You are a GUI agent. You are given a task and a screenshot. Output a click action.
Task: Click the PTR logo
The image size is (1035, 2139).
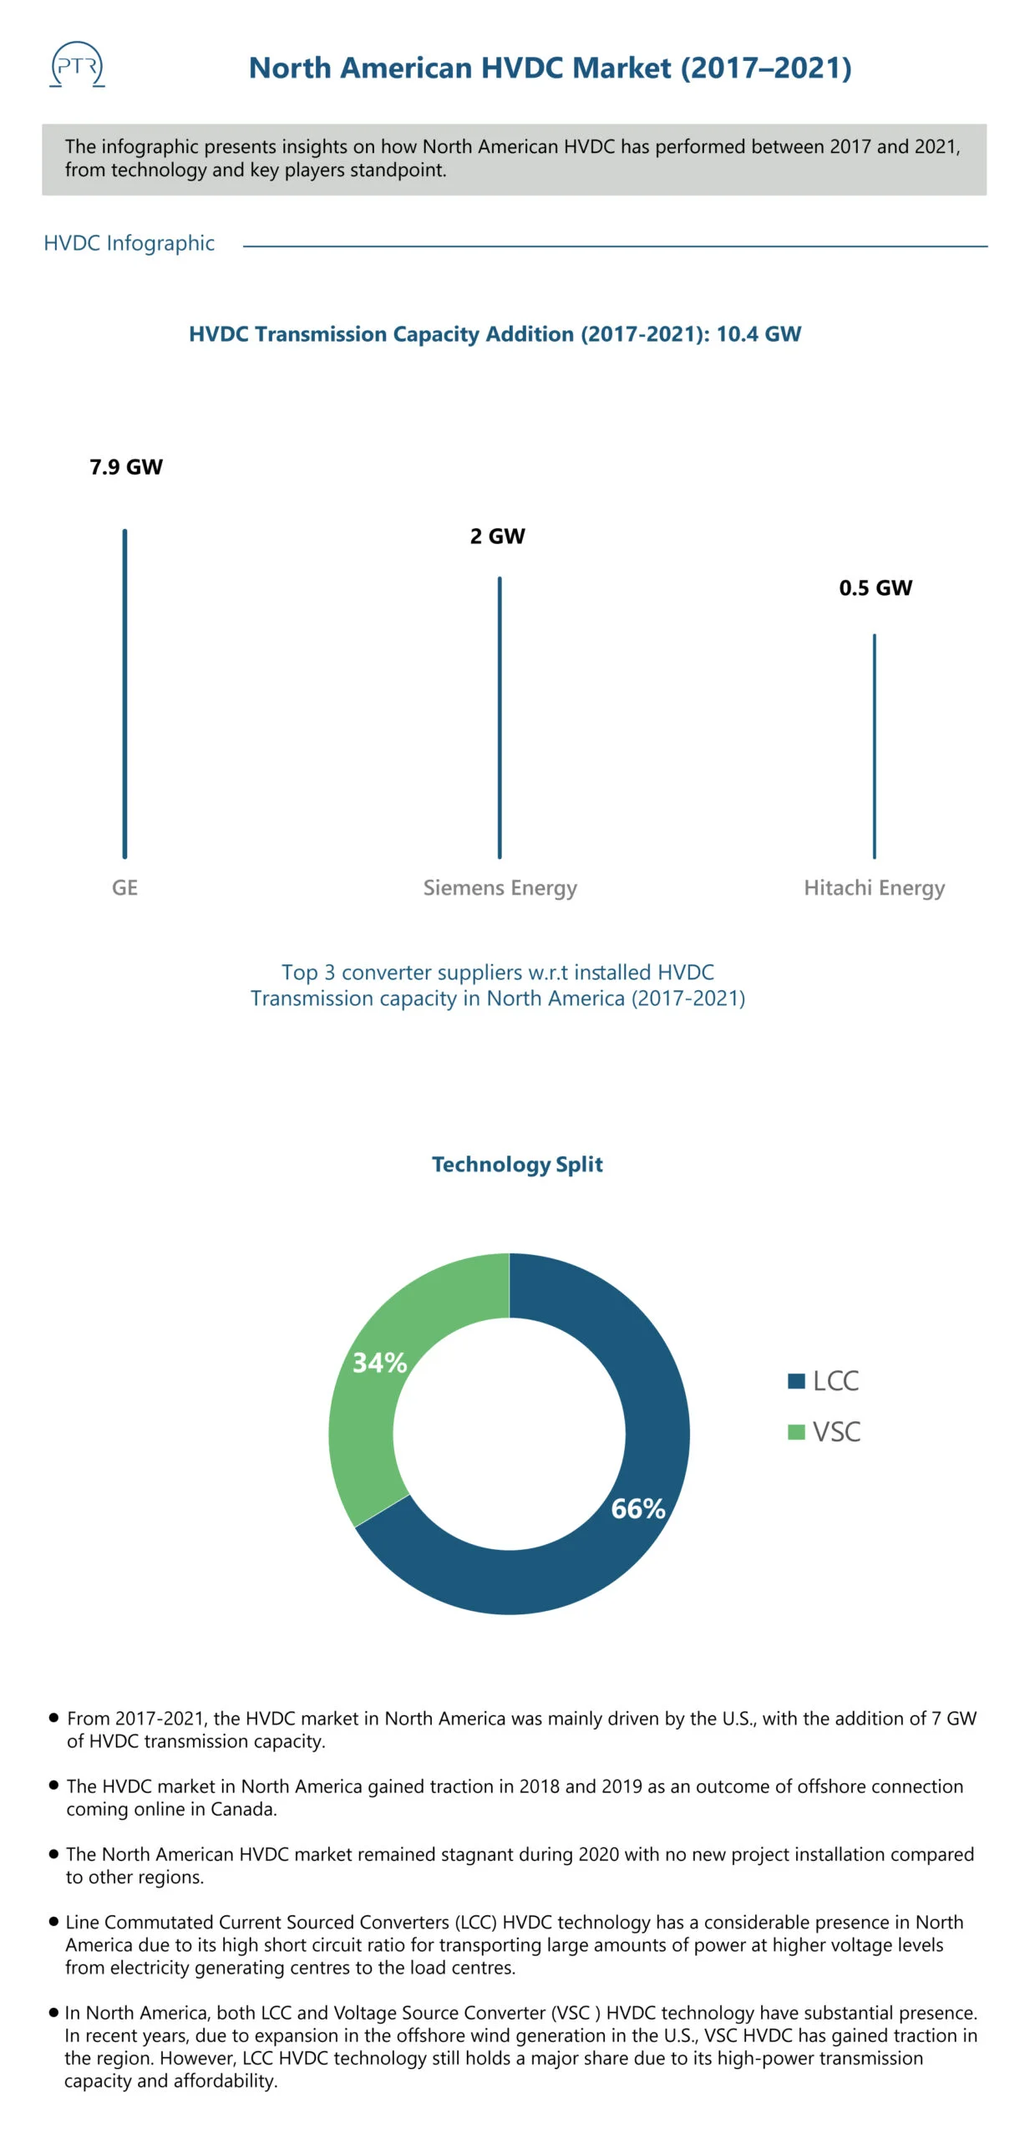[77, 64]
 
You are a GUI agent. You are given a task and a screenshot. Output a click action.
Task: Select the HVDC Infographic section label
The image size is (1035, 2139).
[129, 243]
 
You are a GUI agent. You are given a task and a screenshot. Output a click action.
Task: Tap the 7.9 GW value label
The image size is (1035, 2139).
[126, 467]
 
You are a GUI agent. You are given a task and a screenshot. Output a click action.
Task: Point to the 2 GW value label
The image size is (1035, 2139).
[497, 536]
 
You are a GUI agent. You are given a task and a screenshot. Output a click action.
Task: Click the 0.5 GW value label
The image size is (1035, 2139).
[875, 588]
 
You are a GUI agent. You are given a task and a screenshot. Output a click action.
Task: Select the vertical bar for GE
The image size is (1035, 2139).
[124, 694]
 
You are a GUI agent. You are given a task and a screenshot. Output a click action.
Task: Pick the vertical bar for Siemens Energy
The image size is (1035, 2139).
[500, 718]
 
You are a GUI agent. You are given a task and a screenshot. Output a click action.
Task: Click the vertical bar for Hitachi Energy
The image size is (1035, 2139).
[875, 746]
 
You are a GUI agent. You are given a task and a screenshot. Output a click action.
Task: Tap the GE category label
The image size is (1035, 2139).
[124, 887]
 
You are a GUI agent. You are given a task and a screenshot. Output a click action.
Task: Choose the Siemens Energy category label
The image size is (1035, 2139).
[500, 888]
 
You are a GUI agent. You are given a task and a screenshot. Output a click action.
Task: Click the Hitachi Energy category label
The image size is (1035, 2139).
[874, 888]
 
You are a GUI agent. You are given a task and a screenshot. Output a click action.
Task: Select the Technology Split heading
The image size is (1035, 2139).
[517, 1165]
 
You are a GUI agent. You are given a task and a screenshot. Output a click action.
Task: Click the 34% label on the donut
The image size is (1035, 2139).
[380, 1363]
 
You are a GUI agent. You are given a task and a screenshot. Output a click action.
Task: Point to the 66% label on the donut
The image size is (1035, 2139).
[638, 1508]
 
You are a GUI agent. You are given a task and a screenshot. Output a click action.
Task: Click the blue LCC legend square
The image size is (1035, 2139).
[796, 1380]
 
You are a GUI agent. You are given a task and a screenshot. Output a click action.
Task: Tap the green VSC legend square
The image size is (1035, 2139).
[796, 1431]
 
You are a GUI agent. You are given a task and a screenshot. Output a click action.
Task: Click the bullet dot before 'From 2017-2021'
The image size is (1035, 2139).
[54, 1717]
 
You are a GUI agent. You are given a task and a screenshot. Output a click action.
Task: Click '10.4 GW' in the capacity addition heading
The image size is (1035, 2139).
[758, 334]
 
